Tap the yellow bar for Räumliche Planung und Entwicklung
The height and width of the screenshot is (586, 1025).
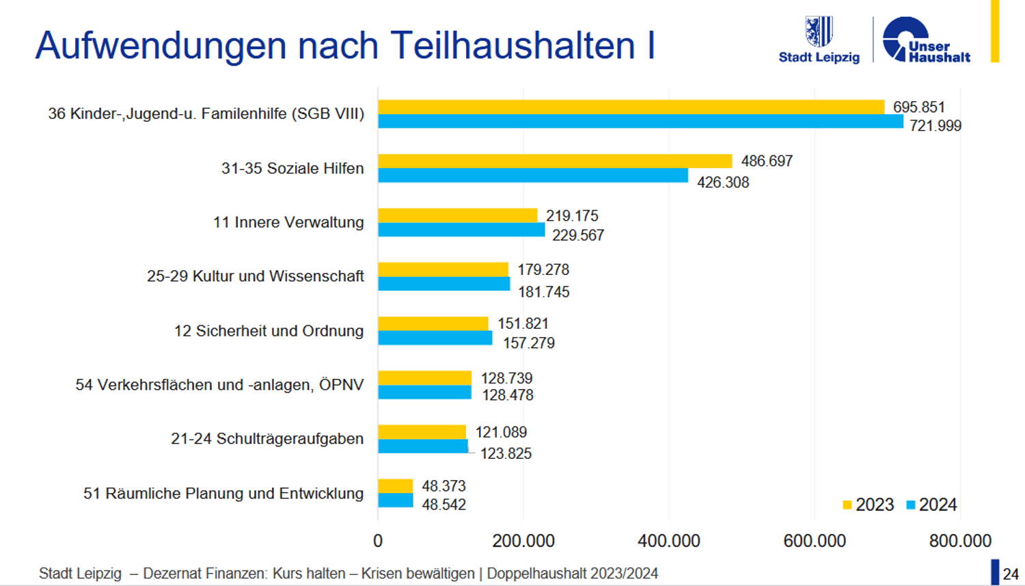[x=396, y=486]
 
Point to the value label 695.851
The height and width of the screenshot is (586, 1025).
[x=918, y=107]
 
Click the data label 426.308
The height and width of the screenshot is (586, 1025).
[x=723, y=183]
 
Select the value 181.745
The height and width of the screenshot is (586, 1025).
[x=543, y=292]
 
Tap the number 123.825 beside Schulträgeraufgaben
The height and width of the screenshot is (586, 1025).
[x=506, y=453]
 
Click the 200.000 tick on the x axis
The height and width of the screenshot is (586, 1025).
[x=523, y=541]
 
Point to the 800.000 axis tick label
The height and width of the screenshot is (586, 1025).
[x=960, y=541]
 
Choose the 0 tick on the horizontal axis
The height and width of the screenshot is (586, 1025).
[x=378, y=541]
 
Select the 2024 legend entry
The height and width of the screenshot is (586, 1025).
[x=931, y=505]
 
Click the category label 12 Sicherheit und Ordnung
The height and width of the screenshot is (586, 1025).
[x=269, y=331]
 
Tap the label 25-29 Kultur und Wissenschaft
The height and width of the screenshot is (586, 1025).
[x=255, y=276]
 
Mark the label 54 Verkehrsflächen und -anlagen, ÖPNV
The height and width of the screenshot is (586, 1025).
[x=219, y=385]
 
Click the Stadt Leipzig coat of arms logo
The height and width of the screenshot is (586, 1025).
[x=818, y=31]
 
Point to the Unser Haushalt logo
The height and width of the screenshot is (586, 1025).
[x=926, y=41]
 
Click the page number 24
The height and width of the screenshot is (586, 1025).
[x=1011, y=574]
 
